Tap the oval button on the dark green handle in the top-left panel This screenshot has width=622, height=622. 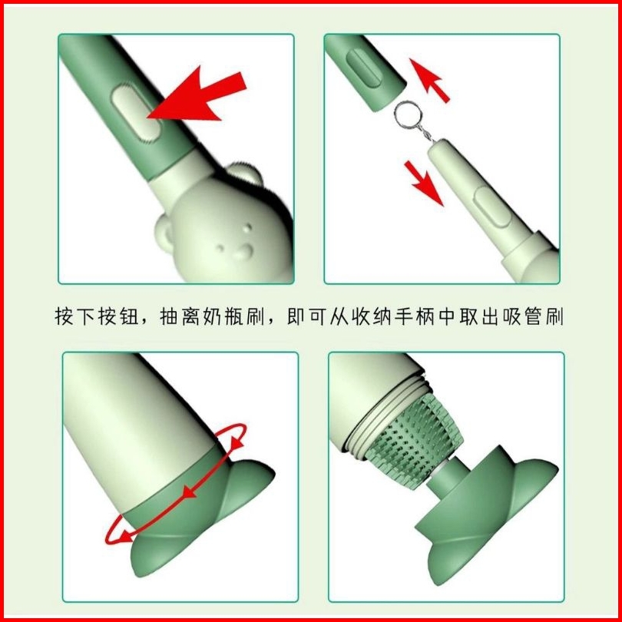(x=137, y=112)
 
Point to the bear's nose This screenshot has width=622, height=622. (x=244, y=252)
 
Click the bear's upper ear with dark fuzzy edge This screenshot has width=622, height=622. (x=245, y=174)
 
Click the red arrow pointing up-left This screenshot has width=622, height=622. (x=429, y=81)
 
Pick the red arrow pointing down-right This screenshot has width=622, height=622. (x=424, y=184)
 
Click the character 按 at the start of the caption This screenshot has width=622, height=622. (x=65, y=316)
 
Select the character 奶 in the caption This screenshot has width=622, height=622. (x=213, y=316)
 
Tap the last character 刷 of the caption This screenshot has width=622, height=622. (x=554, y=316)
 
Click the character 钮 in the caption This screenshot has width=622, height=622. (x=127, y=316)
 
